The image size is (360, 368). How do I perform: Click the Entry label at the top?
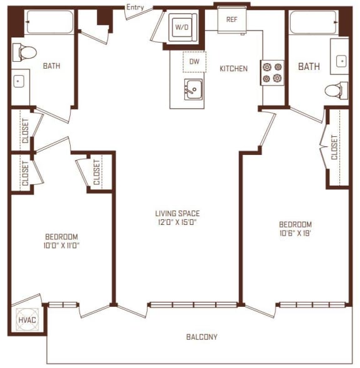[x=136, y=7]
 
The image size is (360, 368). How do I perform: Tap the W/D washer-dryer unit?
[x=181, y=27]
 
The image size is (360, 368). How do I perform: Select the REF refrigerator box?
[x=231, y=19]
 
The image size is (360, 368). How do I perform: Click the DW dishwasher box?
[x=194, y=61]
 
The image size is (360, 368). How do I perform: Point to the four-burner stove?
[x=272, y=72]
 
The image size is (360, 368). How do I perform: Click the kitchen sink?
[x=194, y=90]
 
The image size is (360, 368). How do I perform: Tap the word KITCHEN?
[x=233, y=69]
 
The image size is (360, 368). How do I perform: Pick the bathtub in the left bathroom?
[x=49, y=23]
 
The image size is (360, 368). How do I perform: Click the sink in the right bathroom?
[x=340, y=61]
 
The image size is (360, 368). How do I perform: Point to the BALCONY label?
[x=202, y=337]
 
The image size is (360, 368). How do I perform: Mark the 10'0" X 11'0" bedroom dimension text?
[x=61, y=246]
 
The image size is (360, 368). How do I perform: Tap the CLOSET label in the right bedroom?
[x=335, y=147]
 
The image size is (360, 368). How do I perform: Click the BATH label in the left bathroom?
[x=51, y=66]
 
